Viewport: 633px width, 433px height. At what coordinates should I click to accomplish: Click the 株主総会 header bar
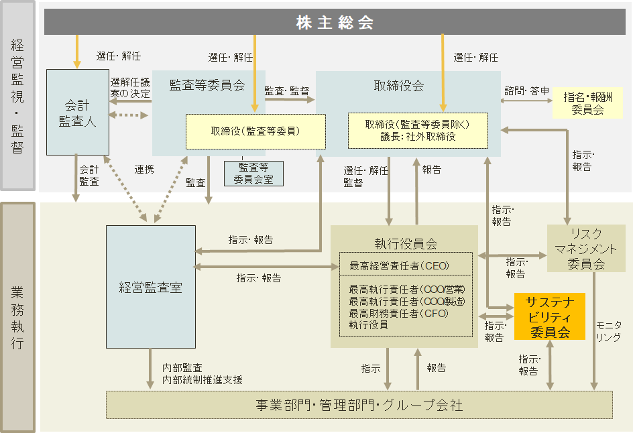(x=335, y=23)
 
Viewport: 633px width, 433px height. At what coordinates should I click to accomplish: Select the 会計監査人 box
(x=78, y=113)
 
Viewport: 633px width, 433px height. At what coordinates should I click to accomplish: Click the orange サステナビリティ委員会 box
(x=549, y=316)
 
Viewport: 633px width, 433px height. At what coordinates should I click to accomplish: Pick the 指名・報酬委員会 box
(x=587, y=102)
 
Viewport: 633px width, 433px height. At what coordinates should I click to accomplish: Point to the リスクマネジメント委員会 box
(x=586, y=248)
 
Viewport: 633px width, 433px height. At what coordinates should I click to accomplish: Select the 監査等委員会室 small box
(x=253, y=173)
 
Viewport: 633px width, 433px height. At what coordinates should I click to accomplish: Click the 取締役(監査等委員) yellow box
(x=255, y=131)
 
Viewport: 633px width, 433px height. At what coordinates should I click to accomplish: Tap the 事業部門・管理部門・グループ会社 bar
(x=359, y=405)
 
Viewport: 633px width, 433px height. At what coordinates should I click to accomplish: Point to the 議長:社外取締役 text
(x=417, y=136)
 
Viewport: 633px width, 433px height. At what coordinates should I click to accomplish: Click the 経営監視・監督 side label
(x=18, y=96)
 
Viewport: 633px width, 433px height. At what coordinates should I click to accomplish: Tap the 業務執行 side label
(x=18, y=318)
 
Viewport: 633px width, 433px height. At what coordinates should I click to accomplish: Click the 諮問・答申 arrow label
(x=527, y=90)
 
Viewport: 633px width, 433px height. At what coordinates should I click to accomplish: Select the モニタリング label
(x=608, y=331)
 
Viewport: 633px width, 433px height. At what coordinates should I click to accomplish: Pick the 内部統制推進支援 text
(x=202, y=379)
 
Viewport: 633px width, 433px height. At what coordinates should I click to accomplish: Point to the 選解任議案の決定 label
(x=130, y=88)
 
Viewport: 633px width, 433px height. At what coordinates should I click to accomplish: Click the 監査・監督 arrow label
(x=286, y=90)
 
